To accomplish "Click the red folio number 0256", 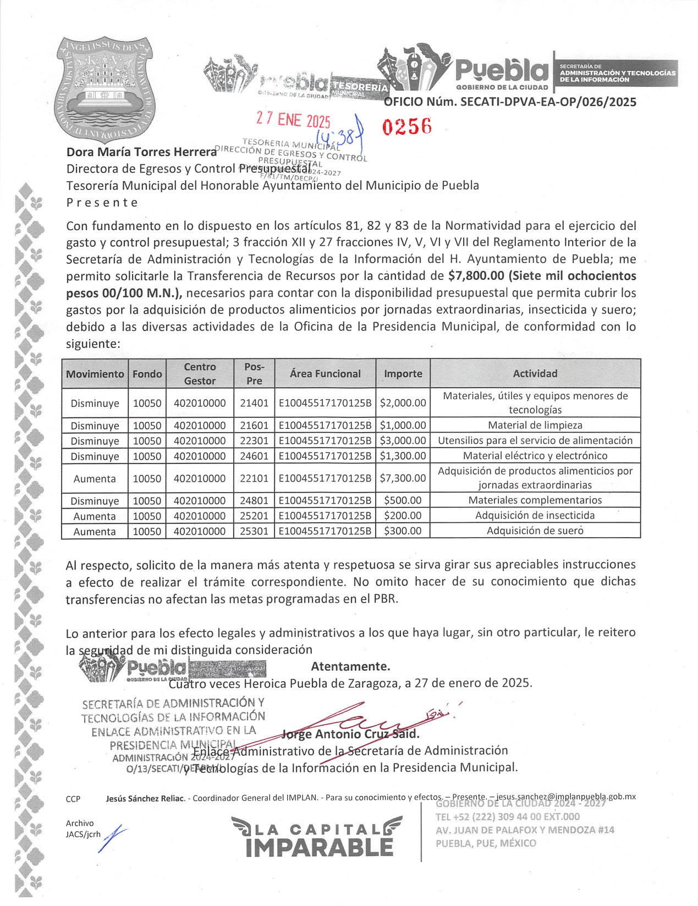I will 406,126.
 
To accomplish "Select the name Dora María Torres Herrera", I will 141,152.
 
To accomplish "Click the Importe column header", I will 403,374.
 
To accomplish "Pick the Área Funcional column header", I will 325,374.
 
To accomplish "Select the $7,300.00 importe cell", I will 403,478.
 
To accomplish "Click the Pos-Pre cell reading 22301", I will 254,441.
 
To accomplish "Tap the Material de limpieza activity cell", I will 535,426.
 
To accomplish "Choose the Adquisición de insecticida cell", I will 535,516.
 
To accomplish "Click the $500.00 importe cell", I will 403,501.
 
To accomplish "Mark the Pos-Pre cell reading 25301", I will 254,532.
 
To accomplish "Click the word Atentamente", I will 350,667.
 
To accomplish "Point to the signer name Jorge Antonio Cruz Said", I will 350,734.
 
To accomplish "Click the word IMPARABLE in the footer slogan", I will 320,848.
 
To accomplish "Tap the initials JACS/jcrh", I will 83,835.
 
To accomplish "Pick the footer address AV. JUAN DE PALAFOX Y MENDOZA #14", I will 525,830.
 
